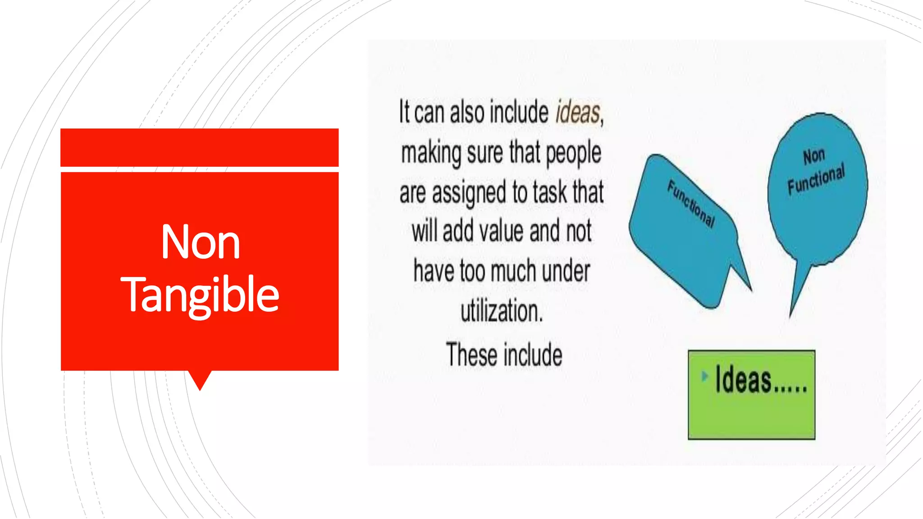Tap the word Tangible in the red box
(200, 295)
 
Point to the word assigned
(469, 192)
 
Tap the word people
(573, 153)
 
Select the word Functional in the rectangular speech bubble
(691, 204)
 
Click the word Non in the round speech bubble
(814, 156)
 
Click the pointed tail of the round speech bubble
(796, 297)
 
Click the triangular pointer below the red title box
(200, 380)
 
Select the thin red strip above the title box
(200, 147)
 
